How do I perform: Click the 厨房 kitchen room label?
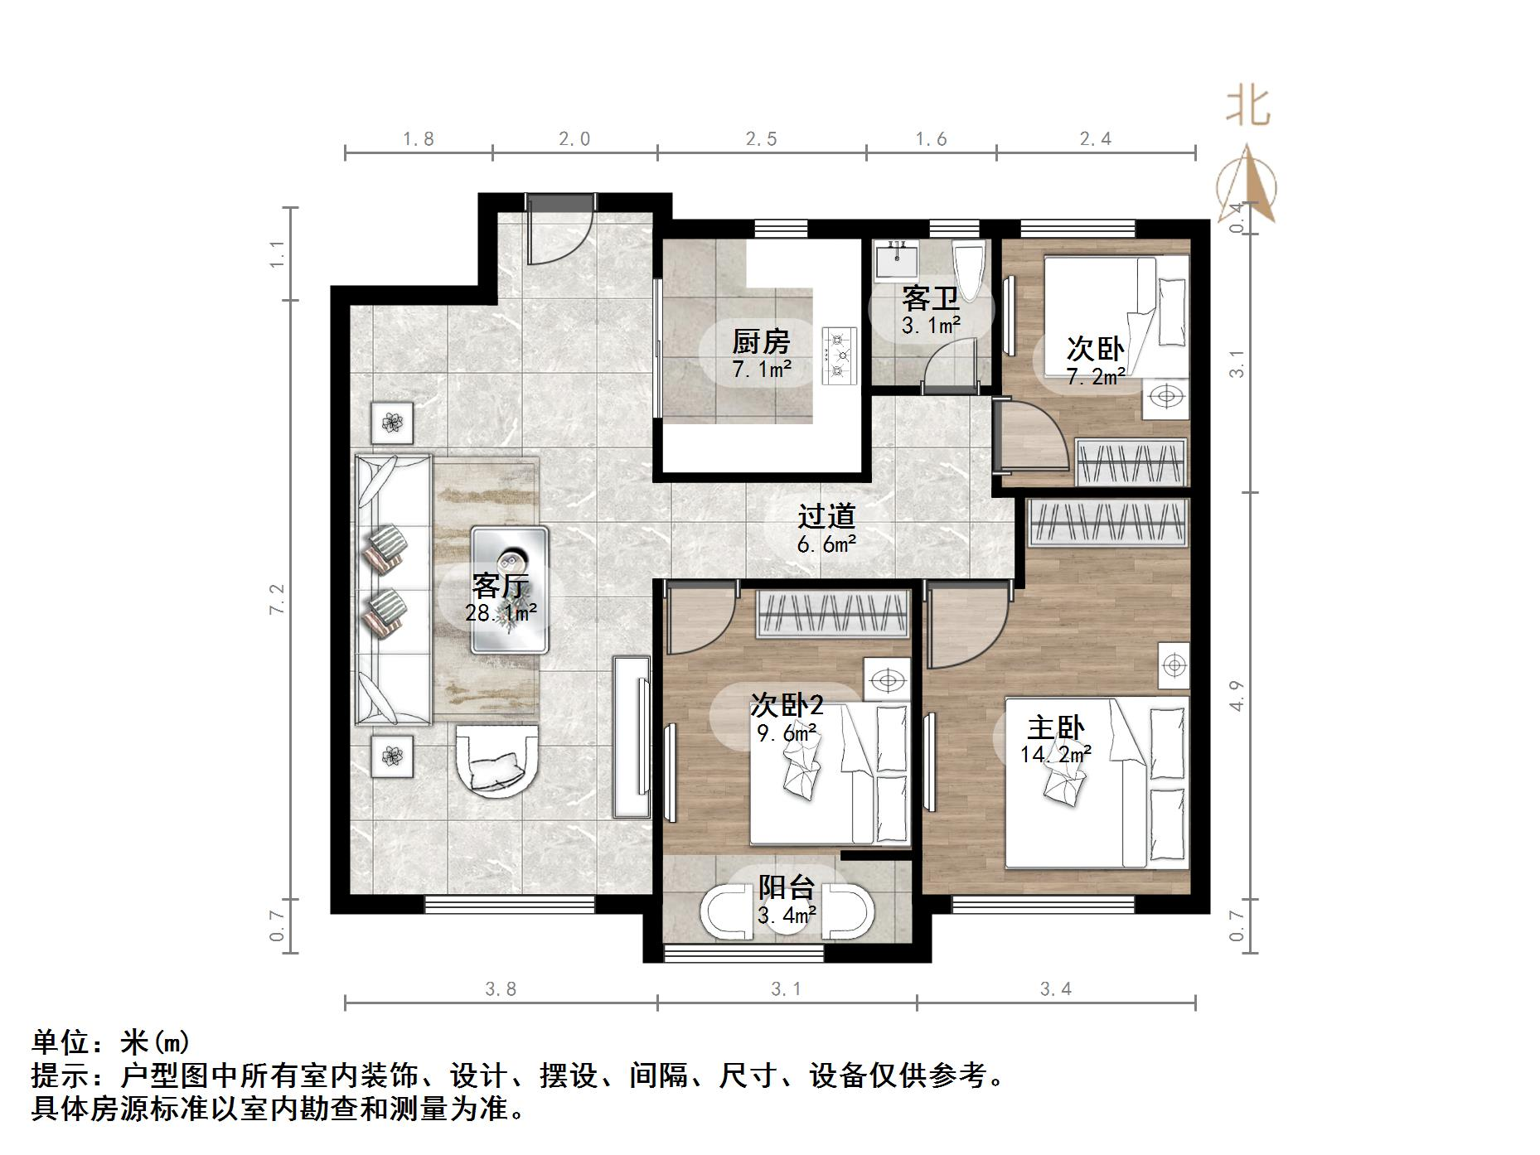click(x=761, y=341)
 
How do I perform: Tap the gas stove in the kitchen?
click(x=839, y=355)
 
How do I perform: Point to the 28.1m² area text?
click(x=501, y=613)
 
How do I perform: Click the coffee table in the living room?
click(x=510, y=590)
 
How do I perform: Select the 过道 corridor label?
click(x=826, y=516)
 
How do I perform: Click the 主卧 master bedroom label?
click(x=1055, y=728)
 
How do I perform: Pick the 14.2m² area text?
click(x=1055, y=755)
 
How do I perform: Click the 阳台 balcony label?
click(x=787, y=887)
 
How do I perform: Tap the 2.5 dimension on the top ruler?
click(x=761, y=139)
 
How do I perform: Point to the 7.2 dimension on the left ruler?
click(x=277, y=598)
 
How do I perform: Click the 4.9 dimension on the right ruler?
click(x=1236, y=695)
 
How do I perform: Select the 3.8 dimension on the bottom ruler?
click(x=501, y=988)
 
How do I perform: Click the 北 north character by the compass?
click(x=1248, y=108)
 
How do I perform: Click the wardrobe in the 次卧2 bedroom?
click(x=833, y=614)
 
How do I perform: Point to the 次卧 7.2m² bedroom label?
click(x=1095, y=348)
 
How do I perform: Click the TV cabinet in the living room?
click(x=632, y=736)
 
